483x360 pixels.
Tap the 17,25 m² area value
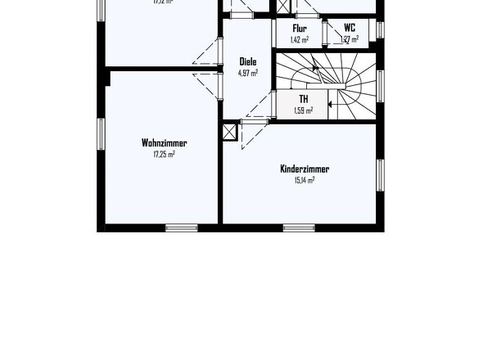pyautogui.click(x=164, y=154)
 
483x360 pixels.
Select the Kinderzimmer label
pyautogui.click(x=305, y=169)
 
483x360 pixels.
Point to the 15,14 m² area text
pyautogui.click(x=305, y=180)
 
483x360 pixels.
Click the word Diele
pyautogui.click(x=247, y=61)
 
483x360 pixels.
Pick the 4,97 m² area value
pyautogui.click(x=247, y=72)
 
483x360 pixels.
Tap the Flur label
pyautogui.click(x=300, y=28)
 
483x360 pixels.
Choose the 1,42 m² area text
pyautogui.click(x=300, y=38)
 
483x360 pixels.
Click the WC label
pyautogui.click(x=350, y=28)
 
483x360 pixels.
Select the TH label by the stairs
pyautogui.click(x=303, y=99)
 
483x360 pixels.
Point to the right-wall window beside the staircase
pyautogui.click(x=380, y=86)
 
